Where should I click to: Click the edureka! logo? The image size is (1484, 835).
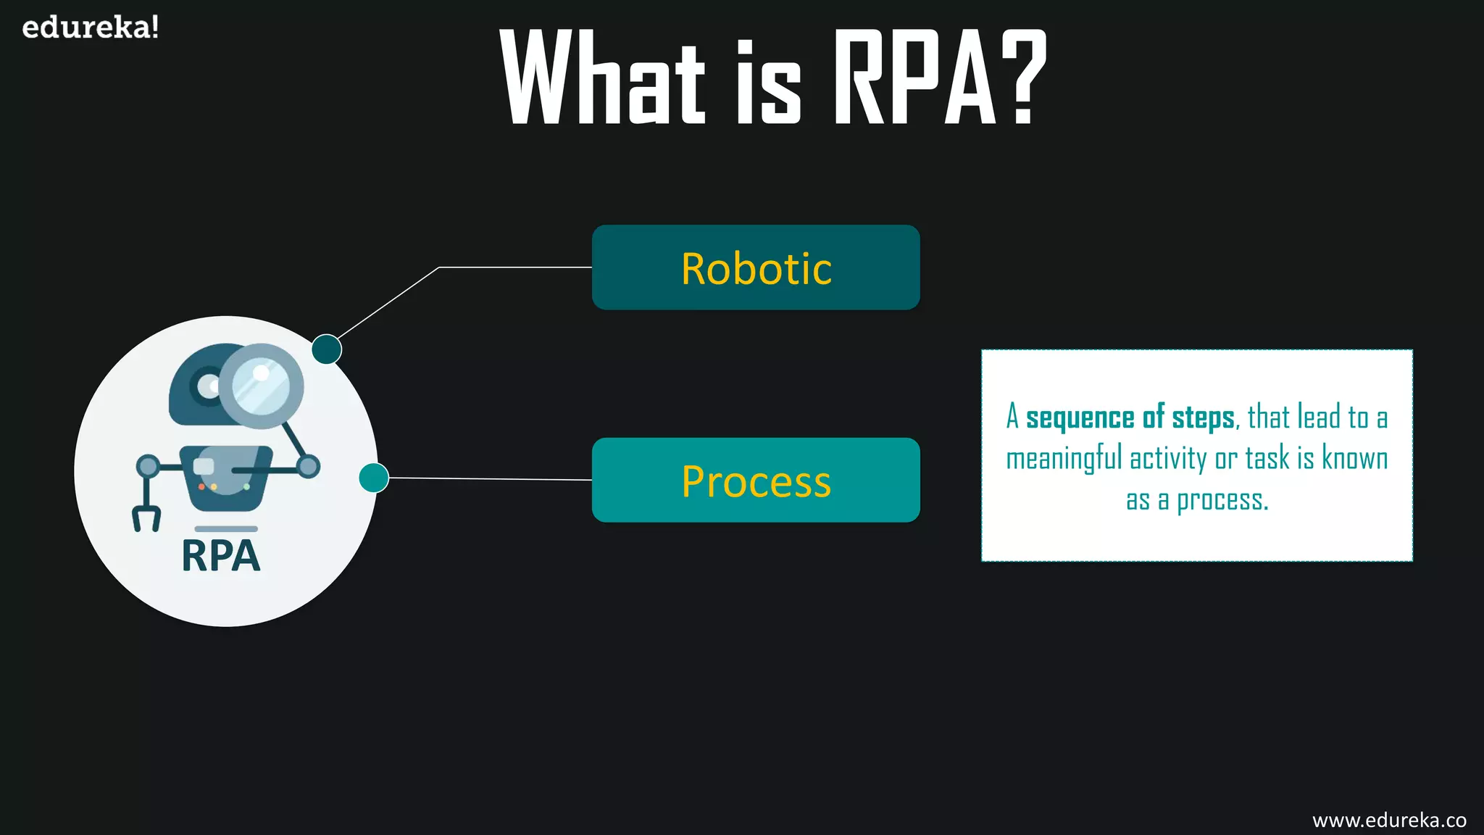(x=91, y=28)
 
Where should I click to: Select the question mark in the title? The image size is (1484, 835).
(x=1022, y=78)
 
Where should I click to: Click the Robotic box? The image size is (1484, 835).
(x=756, y=267)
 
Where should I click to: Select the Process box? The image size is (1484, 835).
(x=756, y=480)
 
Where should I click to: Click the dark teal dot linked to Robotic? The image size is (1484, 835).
(x=327, y=349)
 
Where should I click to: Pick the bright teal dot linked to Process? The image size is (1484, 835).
(x=374, y=478)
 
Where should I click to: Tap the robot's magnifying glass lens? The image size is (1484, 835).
(x=261, y=386)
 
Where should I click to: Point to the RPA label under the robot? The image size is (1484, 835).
(x=221, y=557)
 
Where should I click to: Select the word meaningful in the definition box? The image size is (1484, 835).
(x=1064, y=459)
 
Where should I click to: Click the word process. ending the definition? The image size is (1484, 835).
(x=1222, y=500)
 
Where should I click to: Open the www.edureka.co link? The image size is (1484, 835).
(x=1389, y=820)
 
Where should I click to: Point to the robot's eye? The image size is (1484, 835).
(x=208, y=385)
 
